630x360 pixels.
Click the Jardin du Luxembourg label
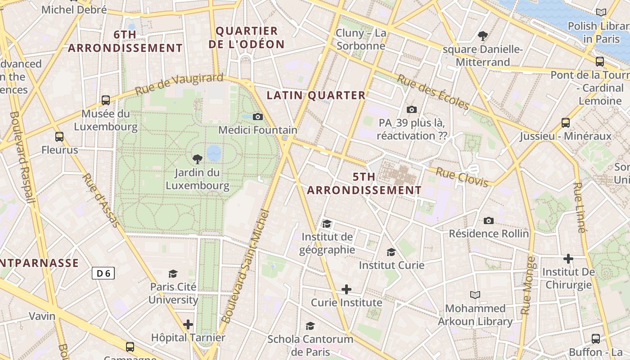pos(198,179)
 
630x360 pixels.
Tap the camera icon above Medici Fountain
pos(258,117)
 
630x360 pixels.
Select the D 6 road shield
pos(103,273)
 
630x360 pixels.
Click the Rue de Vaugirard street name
pos(179,84)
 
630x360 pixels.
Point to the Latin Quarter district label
pos(316,95)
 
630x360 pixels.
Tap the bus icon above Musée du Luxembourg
pos(106,100)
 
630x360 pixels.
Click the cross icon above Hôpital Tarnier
pos(188,324)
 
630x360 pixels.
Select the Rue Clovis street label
pos(462,177)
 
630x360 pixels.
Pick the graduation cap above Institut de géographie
pos(327,224)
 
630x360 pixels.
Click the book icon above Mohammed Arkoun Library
pos(475,295)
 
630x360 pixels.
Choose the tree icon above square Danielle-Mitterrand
pos(483,36)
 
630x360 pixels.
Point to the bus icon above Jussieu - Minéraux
pos(566,122)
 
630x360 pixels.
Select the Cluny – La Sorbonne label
pos(361,39)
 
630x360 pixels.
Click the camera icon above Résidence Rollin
pos(489,220)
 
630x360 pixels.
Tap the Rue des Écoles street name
pos(433,92)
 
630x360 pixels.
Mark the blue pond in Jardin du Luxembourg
pos(214,153)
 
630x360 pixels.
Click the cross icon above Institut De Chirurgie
pos(568,259)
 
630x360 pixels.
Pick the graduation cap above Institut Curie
pos(391,252)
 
